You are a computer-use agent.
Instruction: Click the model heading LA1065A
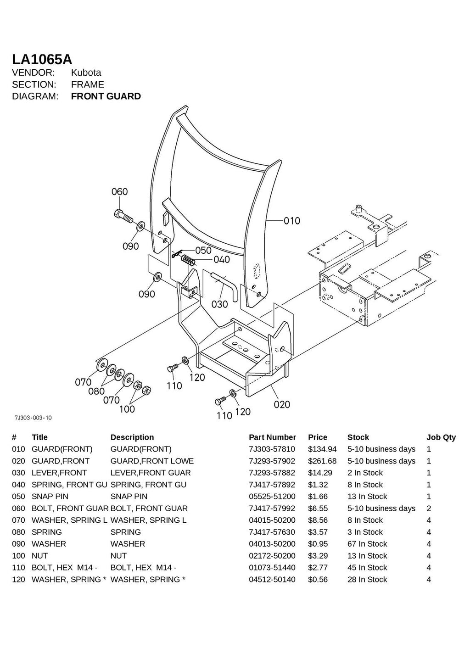point(42,59)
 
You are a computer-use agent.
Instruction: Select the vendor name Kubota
point(86,73)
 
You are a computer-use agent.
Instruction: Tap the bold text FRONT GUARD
point(106,96)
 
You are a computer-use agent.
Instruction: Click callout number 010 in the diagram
point(291,221)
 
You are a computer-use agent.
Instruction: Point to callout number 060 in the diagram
point(119,191)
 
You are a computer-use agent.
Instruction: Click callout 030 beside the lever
point(219,304)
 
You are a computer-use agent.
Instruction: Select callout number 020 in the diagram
point(282,404)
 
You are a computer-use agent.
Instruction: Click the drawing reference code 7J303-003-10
point(33,418)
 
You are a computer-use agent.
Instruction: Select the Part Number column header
point(272,437)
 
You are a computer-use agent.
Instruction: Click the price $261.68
point(322,461)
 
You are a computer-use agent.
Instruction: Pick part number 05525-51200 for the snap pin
point(272,497)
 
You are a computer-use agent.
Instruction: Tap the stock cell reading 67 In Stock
point(367,544)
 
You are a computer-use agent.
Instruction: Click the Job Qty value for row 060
point(429,509)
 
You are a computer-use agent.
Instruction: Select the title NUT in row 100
point(39,556)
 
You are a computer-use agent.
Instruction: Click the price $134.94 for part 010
point(322,449)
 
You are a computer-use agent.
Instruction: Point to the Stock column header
point(358,437)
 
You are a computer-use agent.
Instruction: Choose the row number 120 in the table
point(18,580)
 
